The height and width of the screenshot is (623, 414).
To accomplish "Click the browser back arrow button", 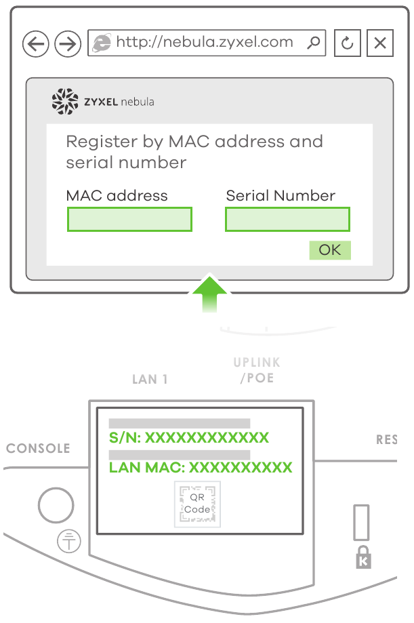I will tap(36, 45).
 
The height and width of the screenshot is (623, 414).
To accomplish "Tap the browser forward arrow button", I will tap(67, 45).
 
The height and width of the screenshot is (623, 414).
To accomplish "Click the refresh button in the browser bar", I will tap(348, 43).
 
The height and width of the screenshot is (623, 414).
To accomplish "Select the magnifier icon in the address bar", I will tap(313, 43).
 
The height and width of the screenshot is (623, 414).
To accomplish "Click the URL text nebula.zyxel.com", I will tap(205, 42).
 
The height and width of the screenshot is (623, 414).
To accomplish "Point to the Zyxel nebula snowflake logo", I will tap(65, 101).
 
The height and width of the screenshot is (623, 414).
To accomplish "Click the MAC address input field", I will tap(129, 220).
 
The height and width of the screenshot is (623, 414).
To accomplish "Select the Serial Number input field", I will tap(287, 220).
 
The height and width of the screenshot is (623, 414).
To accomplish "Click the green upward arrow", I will tap(209, 293).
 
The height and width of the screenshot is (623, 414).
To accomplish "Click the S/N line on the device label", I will tap(189, 438).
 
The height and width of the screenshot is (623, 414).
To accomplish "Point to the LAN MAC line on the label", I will tap(201, 468).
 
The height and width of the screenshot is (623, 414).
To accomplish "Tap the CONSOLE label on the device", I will tap(39, 449).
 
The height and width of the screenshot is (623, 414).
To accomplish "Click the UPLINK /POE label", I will tap(256, 370).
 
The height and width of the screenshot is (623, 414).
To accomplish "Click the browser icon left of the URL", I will tap(101, 43).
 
